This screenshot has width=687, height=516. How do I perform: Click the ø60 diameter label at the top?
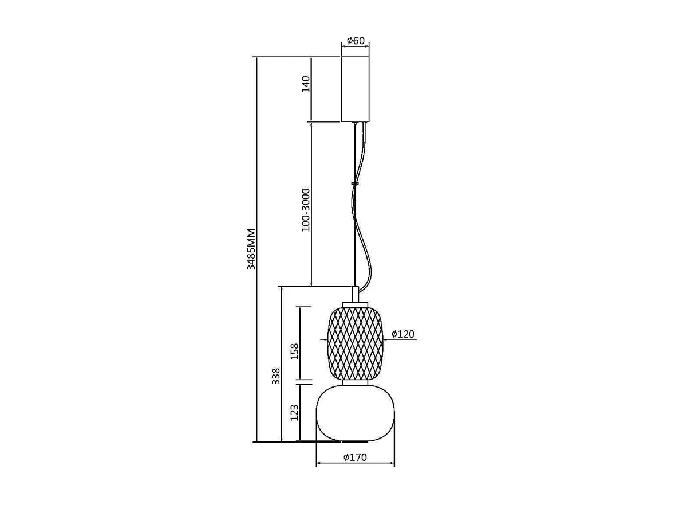click(356, 40)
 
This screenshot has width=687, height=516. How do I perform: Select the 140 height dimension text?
click(306, 84)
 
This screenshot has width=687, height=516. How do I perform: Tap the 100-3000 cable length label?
click(306, 210)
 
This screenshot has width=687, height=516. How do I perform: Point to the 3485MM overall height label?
click(251, 249)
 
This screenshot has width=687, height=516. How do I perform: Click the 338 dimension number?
click(276, 376)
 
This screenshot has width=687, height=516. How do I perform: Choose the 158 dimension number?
click(294, 351)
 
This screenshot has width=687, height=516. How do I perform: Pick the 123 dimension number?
click(294, 413)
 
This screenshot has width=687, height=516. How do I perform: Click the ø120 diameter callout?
click(403, 334)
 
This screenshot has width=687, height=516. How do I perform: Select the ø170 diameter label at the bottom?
click(355, 458)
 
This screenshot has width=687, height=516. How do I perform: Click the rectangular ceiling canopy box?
click(355, 89)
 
